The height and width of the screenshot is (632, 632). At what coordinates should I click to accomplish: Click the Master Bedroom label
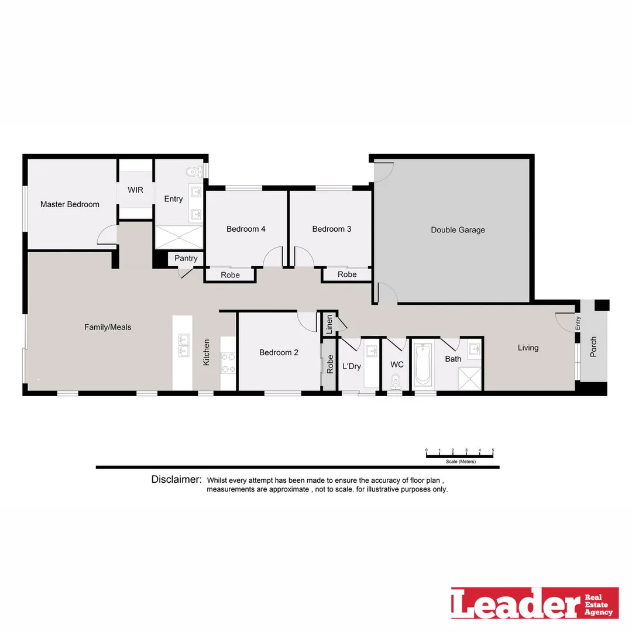[x=70, y=204]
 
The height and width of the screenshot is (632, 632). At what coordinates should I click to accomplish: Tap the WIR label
[x=135, y=190]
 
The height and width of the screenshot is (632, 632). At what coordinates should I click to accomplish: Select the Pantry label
[x=186, y=258]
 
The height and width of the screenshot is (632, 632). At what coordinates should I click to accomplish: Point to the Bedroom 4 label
[x=246, y=229]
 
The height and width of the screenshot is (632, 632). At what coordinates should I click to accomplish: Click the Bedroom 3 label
[x=332, y=229]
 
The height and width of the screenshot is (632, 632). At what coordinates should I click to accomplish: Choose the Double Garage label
[x=458, y=230]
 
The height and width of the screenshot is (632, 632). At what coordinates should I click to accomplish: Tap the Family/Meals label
[x=108, y=327]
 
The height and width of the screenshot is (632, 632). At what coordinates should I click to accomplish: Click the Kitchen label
[x=206, y=353]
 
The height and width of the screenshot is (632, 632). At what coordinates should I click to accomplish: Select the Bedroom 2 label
[x=279, y=352]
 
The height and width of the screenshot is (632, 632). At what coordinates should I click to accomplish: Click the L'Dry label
[x=351, y=366]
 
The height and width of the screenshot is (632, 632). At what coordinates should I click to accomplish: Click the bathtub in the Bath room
[x=422, y=364]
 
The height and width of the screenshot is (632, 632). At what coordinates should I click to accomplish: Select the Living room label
[x=528, y=348]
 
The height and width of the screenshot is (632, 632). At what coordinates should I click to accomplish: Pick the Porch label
[x=593, y=348]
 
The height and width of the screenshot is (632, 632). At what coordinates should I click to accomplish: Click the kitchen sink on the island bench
[x=183, y=345]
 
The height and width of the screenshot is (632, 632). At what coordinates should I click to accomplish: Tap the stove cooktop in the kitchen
[x=228, y=363]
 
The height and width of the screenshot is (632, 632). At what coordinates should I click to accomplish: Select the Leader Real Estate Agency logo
[x=534, y=603]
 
